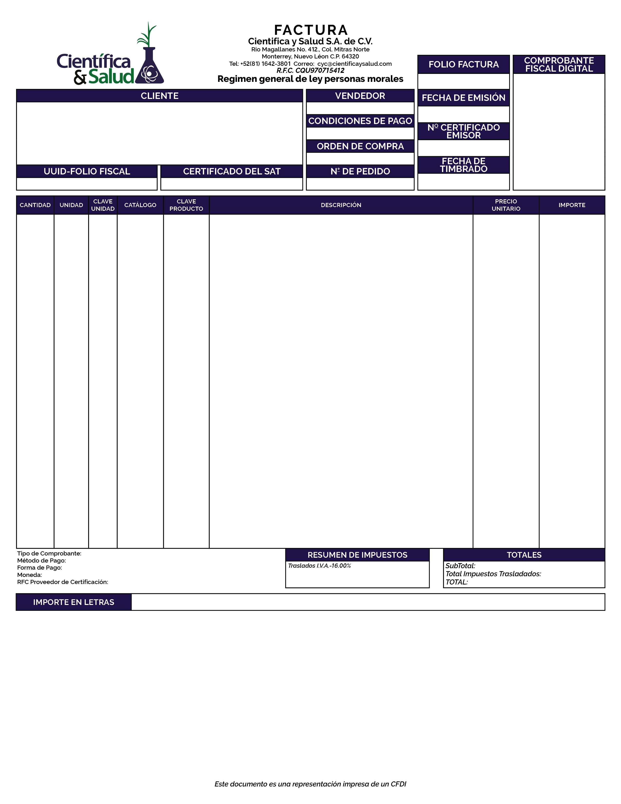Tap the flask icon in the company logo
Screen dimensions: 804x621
pos(149,68)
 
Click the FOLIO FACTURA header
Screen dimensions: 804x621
pos(463,64)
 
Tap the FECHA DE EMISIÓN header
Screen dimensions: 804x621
pos(463,97)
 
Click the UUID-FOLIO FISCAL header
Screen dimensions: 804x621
pos(87,171)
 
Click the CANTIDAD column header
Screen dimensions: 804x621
pos(35,205)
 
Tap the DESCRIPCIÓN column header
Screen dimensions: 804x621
pos(341,205)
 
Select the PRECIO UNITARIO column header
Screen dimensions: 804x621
pos(506,205)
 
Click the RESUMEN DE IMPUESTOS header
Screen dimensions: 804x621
pos(357,555)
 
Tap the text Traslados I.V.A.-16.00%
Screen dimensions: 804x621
pos(319,565)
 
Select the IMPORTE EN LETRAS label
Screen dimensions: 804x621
pos(74,602)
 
